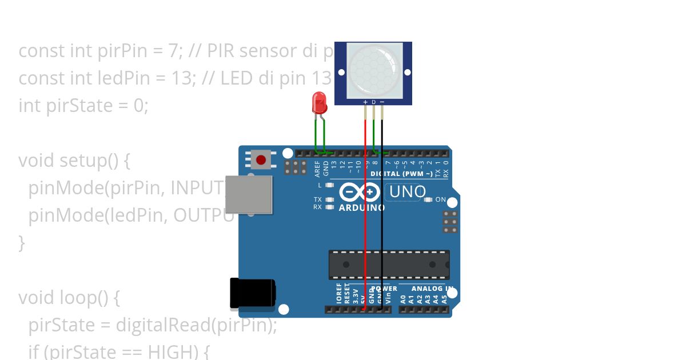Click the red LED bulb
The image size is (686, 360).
tap(319, 102)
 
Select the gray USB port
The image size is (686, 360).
tap(249, 194)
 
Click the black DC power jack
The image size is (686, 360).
tap(252, 292)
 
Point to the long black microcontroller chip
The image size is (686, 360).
tap(389, 265)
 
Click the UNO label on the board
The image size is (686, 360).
tap(408, 192)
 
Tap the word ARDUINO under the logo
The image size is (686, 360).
tap(362, 208)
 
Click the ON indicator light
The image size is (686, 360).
tap(429, 200)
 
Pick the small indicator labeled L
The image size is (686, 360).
tap(329, 185)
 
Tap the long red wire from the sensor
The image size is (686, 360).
tap(365, 229)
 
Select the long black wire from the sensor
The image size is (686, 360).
tap(382, 229)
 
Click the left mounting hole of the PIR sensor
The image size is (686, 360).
tap(341, 72)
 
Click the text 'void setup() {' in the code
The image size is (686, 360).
tap(74, 161)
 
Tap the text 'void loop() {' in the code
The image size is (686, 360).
tap(69, 298)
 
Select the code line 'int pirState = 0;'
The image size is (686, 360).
tap(83, 106)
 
